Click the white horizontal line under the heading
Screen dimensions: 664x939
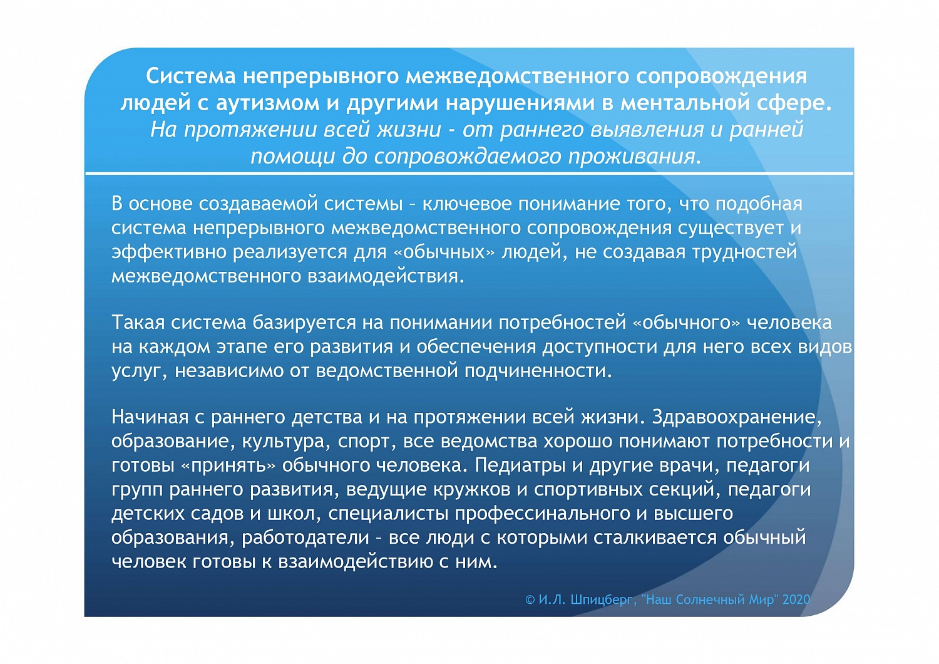tap(469, 172)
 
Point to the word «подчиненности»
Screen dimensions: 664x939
tap(537, 371)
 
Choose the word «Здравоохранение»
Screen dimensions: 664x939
tap(736, 417)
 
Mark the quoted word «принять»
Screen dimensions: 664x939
tap(228, 465)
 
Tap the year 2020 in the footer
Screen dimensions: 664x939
tap(796, 599)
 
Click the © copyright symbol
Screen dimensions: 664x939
tap(530, 600)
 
